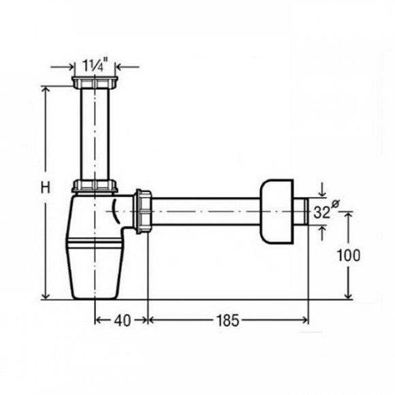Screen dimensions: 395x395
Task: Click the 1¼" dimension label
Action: [95, 64]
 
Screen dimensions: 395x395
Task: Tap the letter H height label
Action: [46, 188]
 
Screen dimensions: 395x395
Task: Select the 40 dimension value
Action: [123, 321]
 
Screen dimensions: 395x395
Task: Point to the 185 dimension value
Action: [227, 321]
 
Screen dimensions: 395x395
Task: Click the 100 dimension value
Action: [349, 255]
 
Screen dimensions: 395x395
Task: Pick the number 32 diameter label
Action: [321, 212]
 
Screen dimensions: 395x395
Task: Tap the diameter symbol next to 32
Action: [335, 203]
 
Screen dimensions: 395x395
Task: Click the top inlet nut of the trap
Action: [95, 82]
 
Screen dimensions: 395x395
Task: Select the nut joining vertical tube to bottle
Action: [95, 186]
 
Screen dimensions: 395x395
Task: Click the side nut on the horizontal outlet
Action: [143, 211]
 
